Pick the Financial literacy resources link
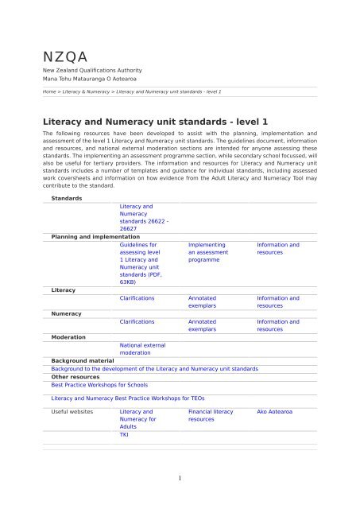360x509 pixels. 211,418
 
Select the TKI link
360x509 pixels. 124,435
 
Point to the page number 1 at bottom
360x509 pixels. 180,478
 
